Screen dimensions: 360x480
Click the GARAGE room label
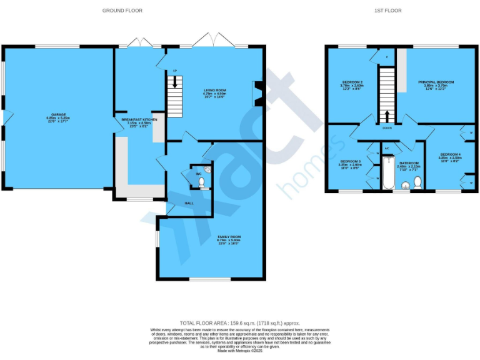[x=59, y=115]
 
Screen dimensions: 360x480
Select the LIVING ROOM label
[x=214, y=91]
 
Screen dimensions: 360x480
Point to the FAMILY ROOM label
[x=229, y=237]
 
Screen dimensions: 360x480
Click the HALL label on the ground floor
[x=189, y=203]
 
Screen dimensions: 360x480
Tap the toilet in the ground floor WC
[x=201, y=182]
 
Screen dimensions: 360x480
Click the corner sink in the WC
[x=209, y=168]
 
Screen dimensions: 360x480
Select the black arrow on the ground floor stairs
[x=175, y=81]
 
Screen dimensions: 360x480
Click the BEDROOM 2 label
[x=351, y=82]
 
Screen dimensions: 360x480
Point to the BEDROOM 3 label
[x=351, y=161]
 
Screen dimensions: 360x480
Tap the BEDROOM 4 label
[x=450, y=154]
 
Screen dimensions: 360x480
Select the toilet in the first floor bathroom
[x=417, y=182]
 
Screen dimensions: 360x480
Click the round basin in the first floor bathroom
[x=405, y=185]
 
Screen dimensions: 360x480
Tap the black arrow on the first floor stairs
[x=387, y=116]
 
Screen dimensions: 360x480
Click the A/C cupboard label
[x=387, y=148]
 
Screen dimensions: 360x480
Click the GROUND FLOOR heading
[x=122, y=11]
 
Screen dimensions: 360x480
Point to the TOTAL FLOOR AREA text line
[x=239, y=322]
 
